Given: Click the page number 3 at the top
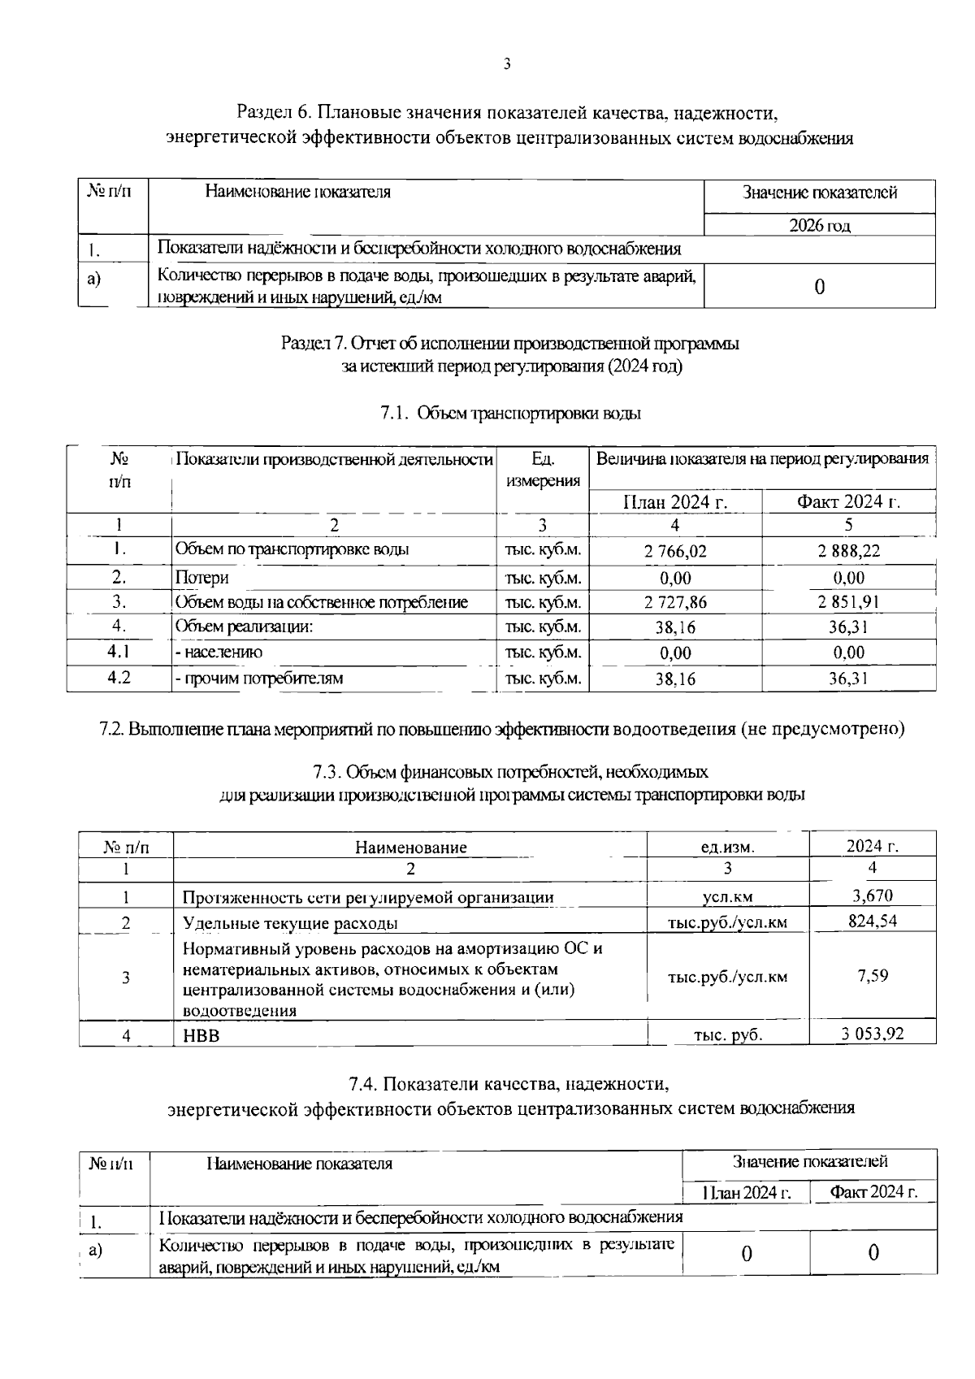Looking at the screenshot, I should (507, 64).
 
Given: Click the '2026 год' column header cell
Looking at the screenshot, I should (819, 226).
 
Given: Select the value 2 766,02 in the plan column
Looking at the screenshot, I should (675, 552).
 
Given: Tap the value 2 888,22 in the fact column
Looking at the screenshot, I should (848, 551).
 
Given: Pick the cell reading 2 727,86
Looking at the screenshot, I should (675, 602).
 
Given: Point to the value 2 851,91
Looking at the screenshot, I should (848, 602).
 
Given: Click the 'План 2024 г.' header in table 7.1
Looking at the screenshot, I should (675, 502).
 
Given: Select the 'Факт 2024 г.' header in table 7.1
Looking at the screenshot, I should (848, 501).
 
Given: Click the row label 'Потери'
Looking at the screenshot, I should (202, 578).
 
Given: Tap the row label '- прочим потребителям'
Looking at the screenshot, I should (259, 678).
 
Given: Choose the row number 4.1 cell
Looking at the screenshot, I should (119, 652).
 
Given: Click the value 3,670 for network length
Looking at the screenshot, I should (872, 895).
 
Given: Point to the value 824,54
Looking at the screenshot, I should (872, 921).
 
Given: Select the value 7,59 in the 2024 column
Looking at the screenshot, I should (872, 975).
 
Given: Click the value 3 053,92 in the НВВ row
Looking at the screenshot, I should (872, 1034).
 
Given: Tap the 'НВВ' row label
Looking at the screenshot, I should (201, 1035).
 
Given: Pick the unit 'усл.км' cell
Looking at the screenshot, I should (727, 897).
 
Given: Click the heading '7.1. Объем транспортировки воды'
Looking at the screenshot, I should (510, 413).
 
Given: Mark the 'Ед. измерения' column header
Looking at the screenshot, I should (542, 470).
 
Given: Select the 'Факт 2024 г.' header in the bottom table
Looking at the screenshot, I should (873, 1192).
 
